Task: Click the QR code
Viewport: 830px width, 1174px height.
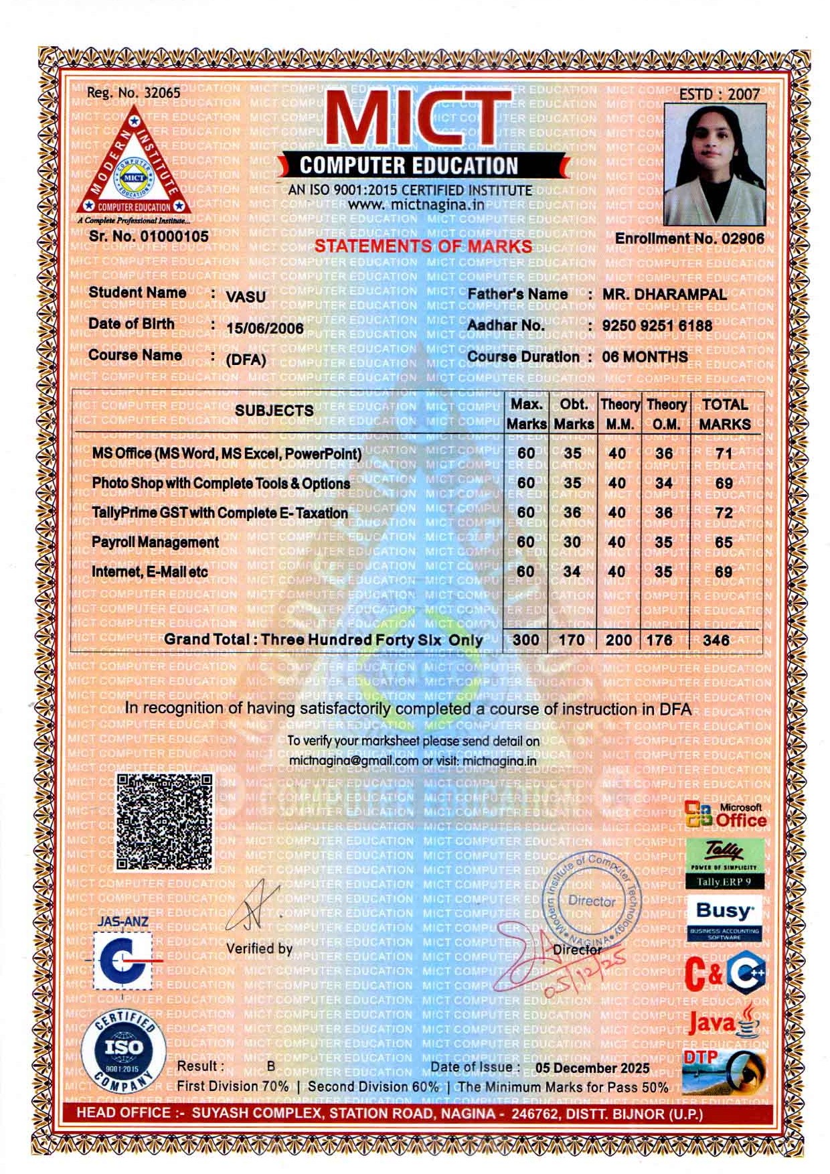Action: [x=165, y=822]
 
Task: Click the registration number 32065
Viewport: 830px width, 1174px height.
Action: [x=163, y=93]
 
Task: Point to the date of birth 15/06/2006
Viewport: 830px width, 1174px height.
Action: [x=265, y=328]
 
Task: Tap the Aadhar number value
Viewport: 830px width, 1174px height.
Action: [x=657, y=325]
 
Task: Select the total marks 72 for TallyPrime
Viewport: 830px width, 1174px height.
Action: [x=724, y=513]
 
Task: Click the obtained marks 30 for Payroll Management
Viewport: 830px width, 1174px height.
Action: [x=572, y=542]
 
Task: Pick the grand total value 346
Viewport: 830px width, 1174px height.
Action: [x=716, y=640]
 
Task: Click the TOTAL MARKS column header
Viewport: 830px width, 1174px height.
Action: [x=724, y=414]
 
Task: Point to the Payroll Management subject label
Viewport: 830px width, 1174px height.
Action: [x=155, y=542]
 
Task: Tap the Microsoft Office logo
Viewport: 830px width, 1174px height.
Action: [x=726, y=814]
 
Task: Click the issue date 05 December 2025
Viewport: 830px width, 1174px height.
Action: [x=592, y=1068]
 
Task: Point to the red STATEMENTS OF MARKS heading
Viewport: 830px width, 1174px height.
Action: [x=423, y=246]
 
